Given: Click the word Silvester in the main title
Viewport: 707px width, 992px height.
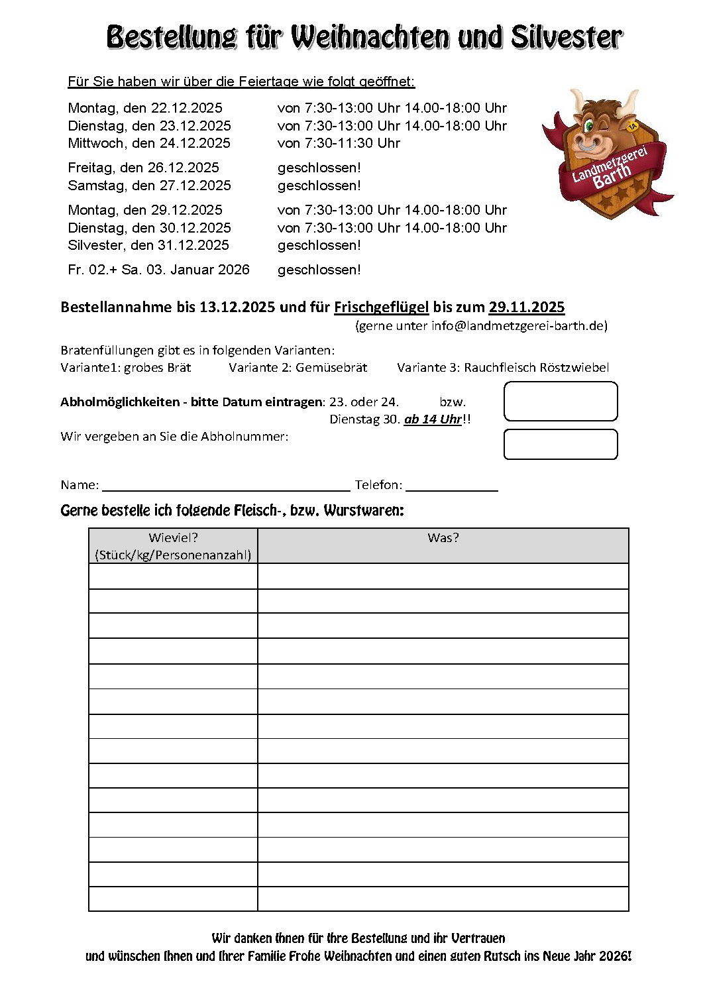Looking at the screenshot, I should tap(567, 37).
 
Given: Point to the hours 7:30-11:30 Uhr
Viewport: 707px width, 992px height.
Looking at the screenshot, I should tap(353, 143).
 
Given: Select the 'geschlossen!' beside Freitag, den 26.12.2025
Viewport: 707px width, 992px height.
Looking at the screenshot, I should tap(319, 168).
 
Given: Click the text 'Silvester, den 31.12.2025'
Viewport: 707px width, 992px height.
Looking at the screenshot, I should tap(148, 245).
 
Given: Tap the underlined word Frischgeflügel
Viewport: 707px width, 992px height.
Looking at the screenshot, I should tap(381, 307).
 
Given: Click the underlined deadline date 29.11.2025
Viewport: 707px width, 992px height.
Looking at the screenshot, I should tap(527, 307).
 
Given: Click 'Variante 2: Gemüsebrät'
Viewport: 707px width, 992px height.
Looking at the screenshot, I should tap(298, 368).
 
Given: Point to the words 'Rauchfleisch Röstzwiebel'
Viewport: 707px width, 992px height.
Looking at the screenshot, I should tap(536, 368).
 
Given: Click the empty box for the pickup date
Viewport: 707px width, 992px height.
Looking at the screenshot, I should tap(561, 402).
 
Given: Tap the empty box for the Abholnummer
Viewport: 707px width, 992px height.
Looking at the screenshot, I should tap(561, 445).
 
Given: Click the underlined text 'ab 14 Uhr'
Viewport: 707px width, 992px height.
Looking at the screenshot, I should tap(433, 419).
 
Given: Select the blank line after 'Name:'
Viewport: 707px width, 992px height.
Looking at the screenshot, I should tap(226, 486).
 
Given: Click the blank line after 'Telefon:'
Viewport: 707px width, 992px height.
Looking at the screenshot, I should tap(452, 486).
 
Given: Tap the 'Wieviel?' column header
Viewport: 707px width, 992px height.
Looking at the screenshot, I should tap(173, 538).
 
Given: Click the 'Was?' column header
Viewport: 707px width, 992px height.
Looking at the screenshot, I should tap(443, 538).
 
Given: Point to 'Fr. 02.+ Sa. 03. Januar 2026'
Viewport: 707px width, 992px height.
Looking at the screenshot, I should tap(159, 270).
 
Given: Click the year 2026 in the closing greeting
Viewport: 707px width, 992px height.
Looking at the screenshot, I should tap(614, 956).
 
